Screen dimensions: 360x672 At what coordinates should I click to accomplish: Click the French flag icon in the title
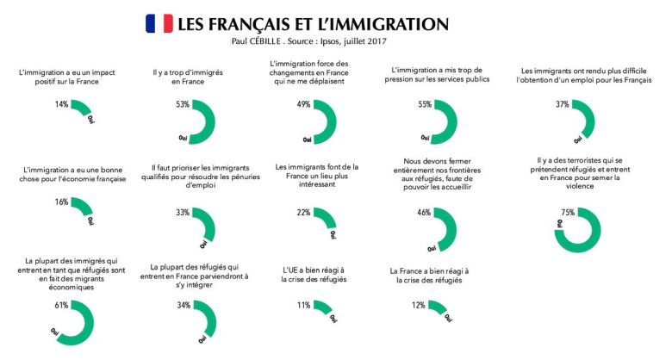(159, 23)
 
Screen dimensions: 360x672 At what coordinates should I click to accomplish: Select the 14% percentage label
(61, 104)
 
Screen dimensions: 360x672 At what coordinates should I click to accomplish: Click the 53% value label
(182, 104)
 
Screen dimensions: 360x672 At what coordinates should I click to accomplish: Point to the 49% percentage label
(303, 104)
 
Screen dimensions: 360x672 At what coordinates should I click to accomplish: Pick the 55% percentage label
(423, 104)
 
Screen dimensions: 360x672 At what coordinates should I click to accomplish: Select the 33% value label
(182, 212)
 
